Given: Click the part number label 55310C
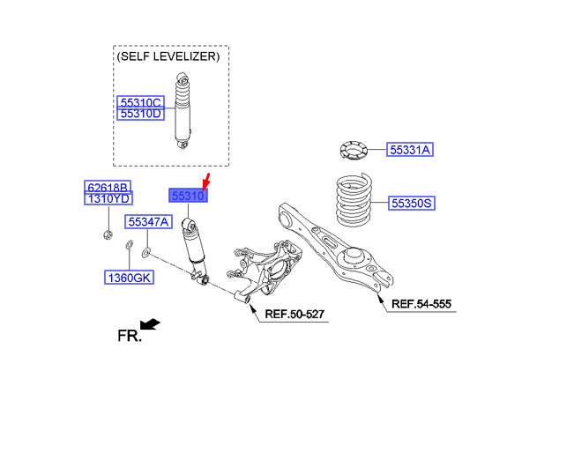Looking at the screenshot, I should (141, 102).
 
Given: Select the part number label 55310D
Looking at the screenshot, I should (141, 114).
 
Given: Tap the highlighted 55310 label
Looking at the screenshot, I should (188, 196).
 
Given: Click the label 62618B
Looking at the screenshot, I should (108, 188).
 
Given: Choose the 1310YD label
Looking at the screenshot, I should (108, 200).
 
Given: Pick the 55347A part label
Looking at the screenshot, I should (147, 221).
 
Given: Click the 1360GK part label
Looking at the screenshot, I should (130, 278).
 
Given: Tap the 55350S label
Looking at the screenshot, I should (411, 204).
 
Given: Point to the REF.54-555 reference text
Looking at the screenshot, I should (421, 304).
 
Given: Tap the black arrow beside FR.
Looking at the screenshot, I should (151, 323).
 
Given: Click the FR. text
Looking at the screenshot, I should (129, 336).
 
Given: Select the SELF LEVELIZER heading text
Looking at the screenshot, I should (168, 57).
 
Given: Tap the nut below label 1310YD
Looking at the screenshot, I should (105, 234).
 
